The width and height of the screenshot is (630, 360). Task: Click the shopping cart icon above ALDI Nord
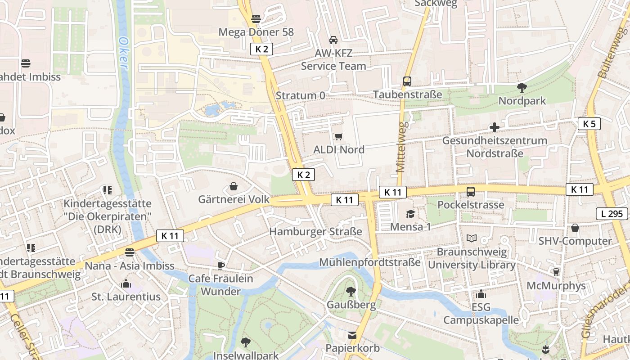pos(338,136)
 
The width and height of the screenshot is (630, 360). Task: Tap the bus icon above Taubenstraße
pos(407,81)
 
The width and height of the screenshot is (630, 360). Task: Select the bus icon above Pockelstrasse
pos(471,192)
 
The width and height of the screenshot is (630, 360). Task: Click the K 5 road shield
pos(589,124)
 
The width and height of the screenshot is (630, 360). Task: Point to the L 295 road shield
pos(612,214)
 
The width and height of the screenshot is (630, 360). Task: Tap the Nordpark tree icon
pos(522,87)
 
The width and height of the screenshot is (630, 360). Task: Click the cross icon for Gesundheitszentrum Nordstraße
pos(495,127)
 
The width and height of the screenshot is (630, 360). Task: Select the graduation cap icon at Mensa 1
pos(410,214)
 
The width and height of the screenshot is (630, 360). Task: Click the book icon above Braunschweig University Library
pos(472,238)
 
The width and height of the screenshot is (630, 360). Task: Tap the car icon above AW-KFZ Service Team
pos(333,40)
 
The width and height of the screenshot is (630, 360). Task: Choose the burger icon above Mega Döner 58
pos(256,19)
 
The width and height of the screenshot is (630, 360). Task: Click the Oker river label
pos(123,53)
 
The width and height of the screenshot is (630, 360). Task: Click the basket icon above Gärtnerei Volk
pos(234,186)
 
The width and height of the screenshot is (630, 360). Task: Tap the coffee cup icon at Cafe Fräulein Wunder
pos(220,265)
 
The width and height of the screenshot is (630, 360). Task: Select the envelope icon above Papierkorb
pos(352,335)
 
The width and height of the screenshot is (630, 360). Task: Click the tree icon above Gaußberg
pos(351,292)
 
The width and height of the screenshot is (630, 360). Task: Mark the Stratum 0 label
pos(300,95)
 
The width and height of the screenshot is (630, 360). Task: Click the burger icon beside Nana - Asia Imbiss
pos(130,252)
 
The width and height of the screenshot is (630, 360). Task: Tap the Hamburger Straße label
pos(315,232)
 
